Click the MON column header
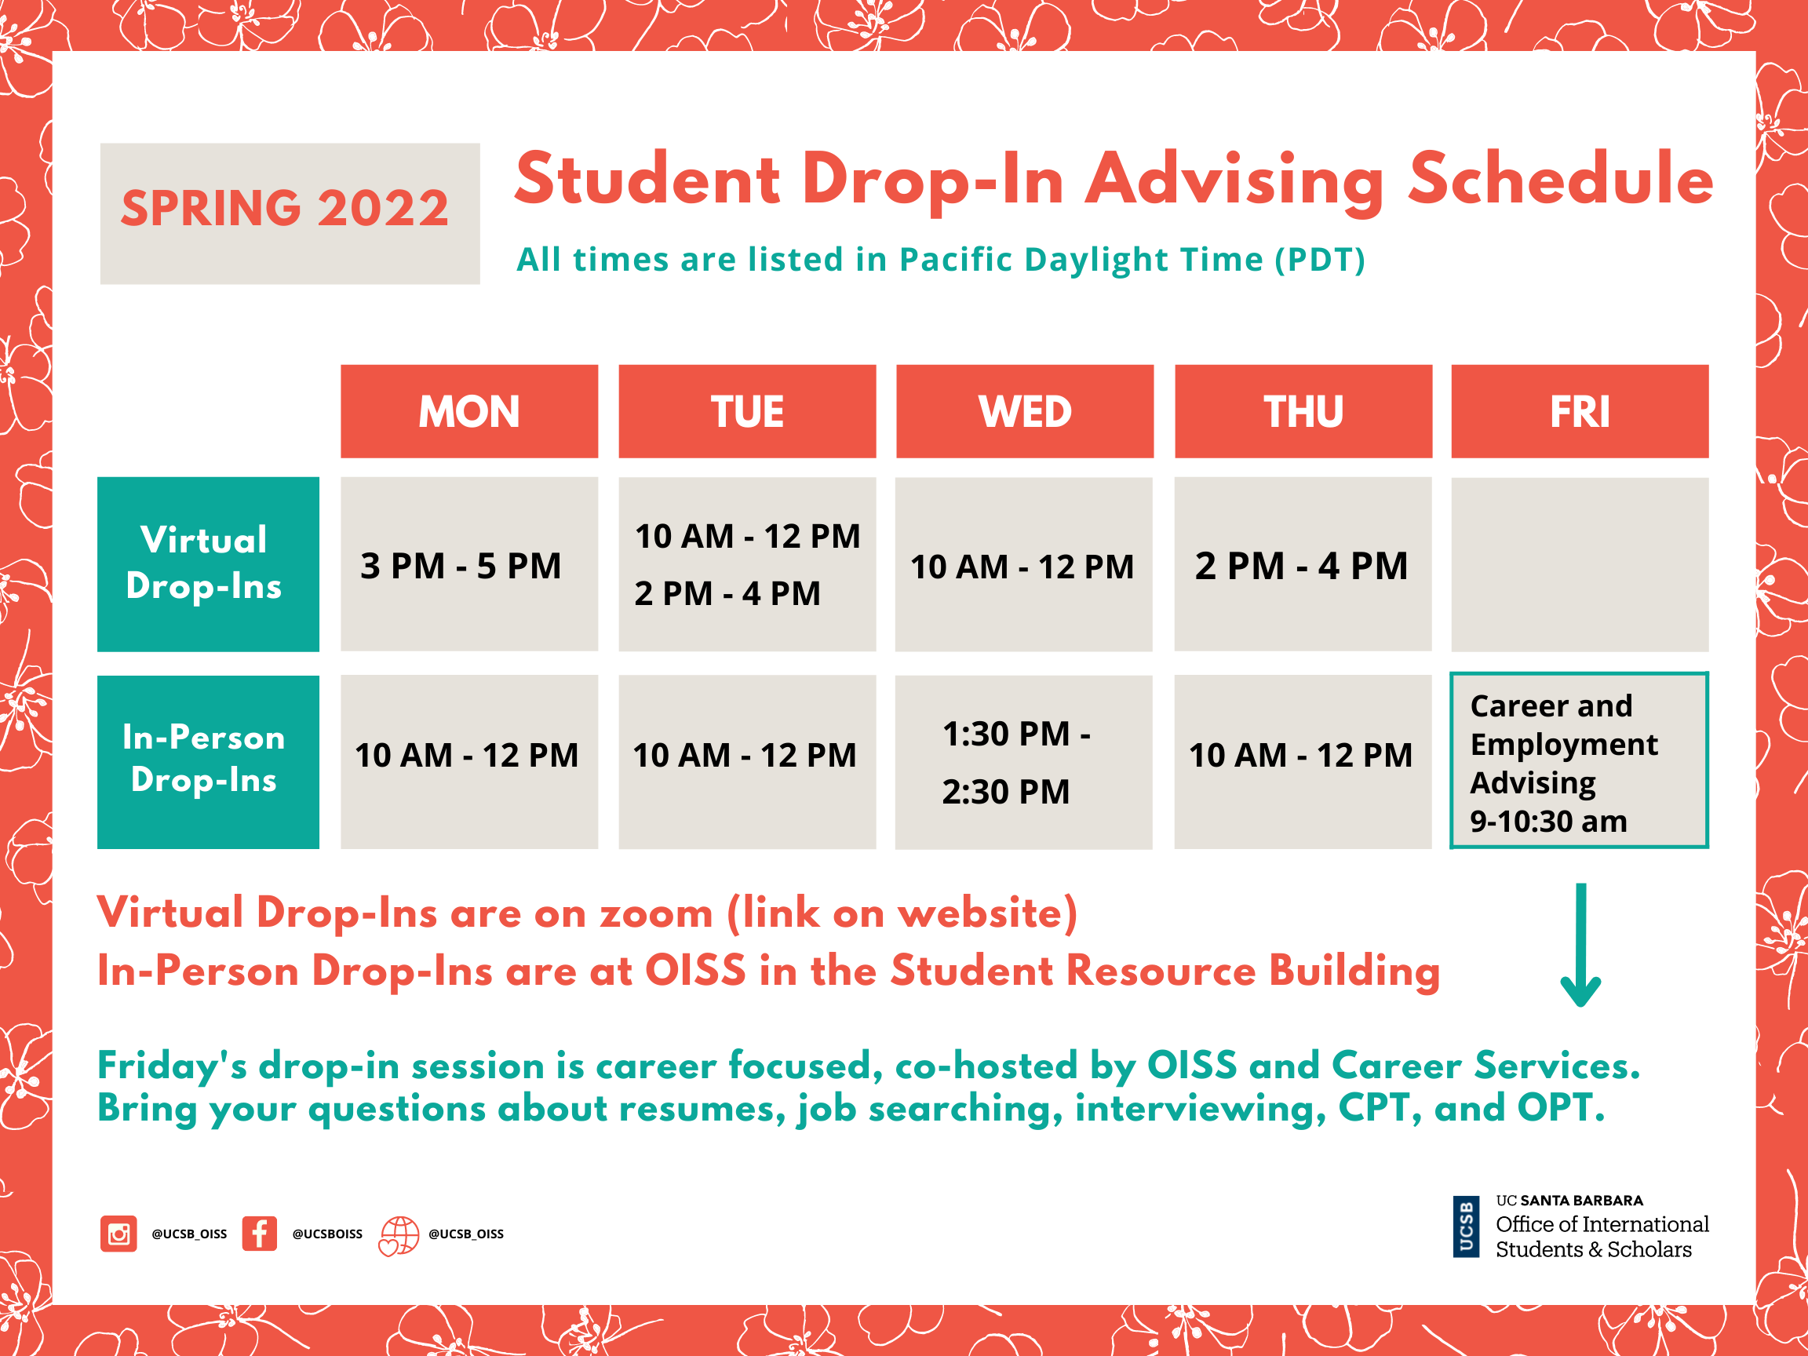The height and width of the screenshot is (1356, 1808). click(x=469, y=411)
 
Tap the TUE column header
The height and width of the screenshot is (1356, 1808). click(x=747, y=411)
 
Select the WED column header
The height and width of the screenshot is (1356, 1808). click(x=1025, y=411)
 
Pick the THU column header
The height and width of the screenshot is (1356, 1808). click(x=1303, y=411)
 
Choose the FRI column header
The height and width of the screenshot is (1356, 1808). click(x=1580, y=411)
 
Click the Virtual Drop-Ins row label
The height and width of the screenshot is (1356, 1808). click(x=209, y=564)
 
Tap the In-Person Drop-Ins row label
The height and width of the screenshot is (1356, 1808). click(x=209, y=762)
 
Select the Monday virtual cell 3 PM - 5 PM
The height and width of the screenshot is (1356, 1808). click(x=469, y=564)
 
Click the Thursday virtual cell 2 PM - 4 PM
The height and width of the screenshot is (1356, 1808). click(x=1303, y=564)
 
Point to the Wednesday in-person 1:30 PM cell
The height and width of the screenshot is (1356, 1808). click(x=1023, y=762)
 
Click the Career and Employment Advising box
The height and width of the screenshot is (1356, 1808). click(x=1579, y=761)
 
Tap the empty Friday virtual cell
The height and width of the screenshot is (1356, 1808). click(x=1580, y=564)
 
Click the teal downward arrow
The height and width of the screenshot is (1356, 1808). click(x=1580, y=944)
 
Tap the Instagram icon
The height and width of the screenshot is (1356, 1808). click(x=118, y=1234)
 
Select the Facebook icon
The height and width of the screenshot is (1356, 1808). click(x=259, y=1234)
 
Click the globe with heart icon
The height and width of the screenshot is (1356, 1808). click(x=399, y=1235)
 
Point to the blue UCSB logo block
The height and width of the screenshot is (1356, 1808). click(x=1467, y=1227)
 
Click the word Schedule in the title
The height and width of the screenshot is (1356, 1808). click(x=1561, y=180)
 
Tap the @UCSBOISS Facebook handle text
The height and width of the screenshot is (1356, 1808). click(x=328, y=1234)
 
